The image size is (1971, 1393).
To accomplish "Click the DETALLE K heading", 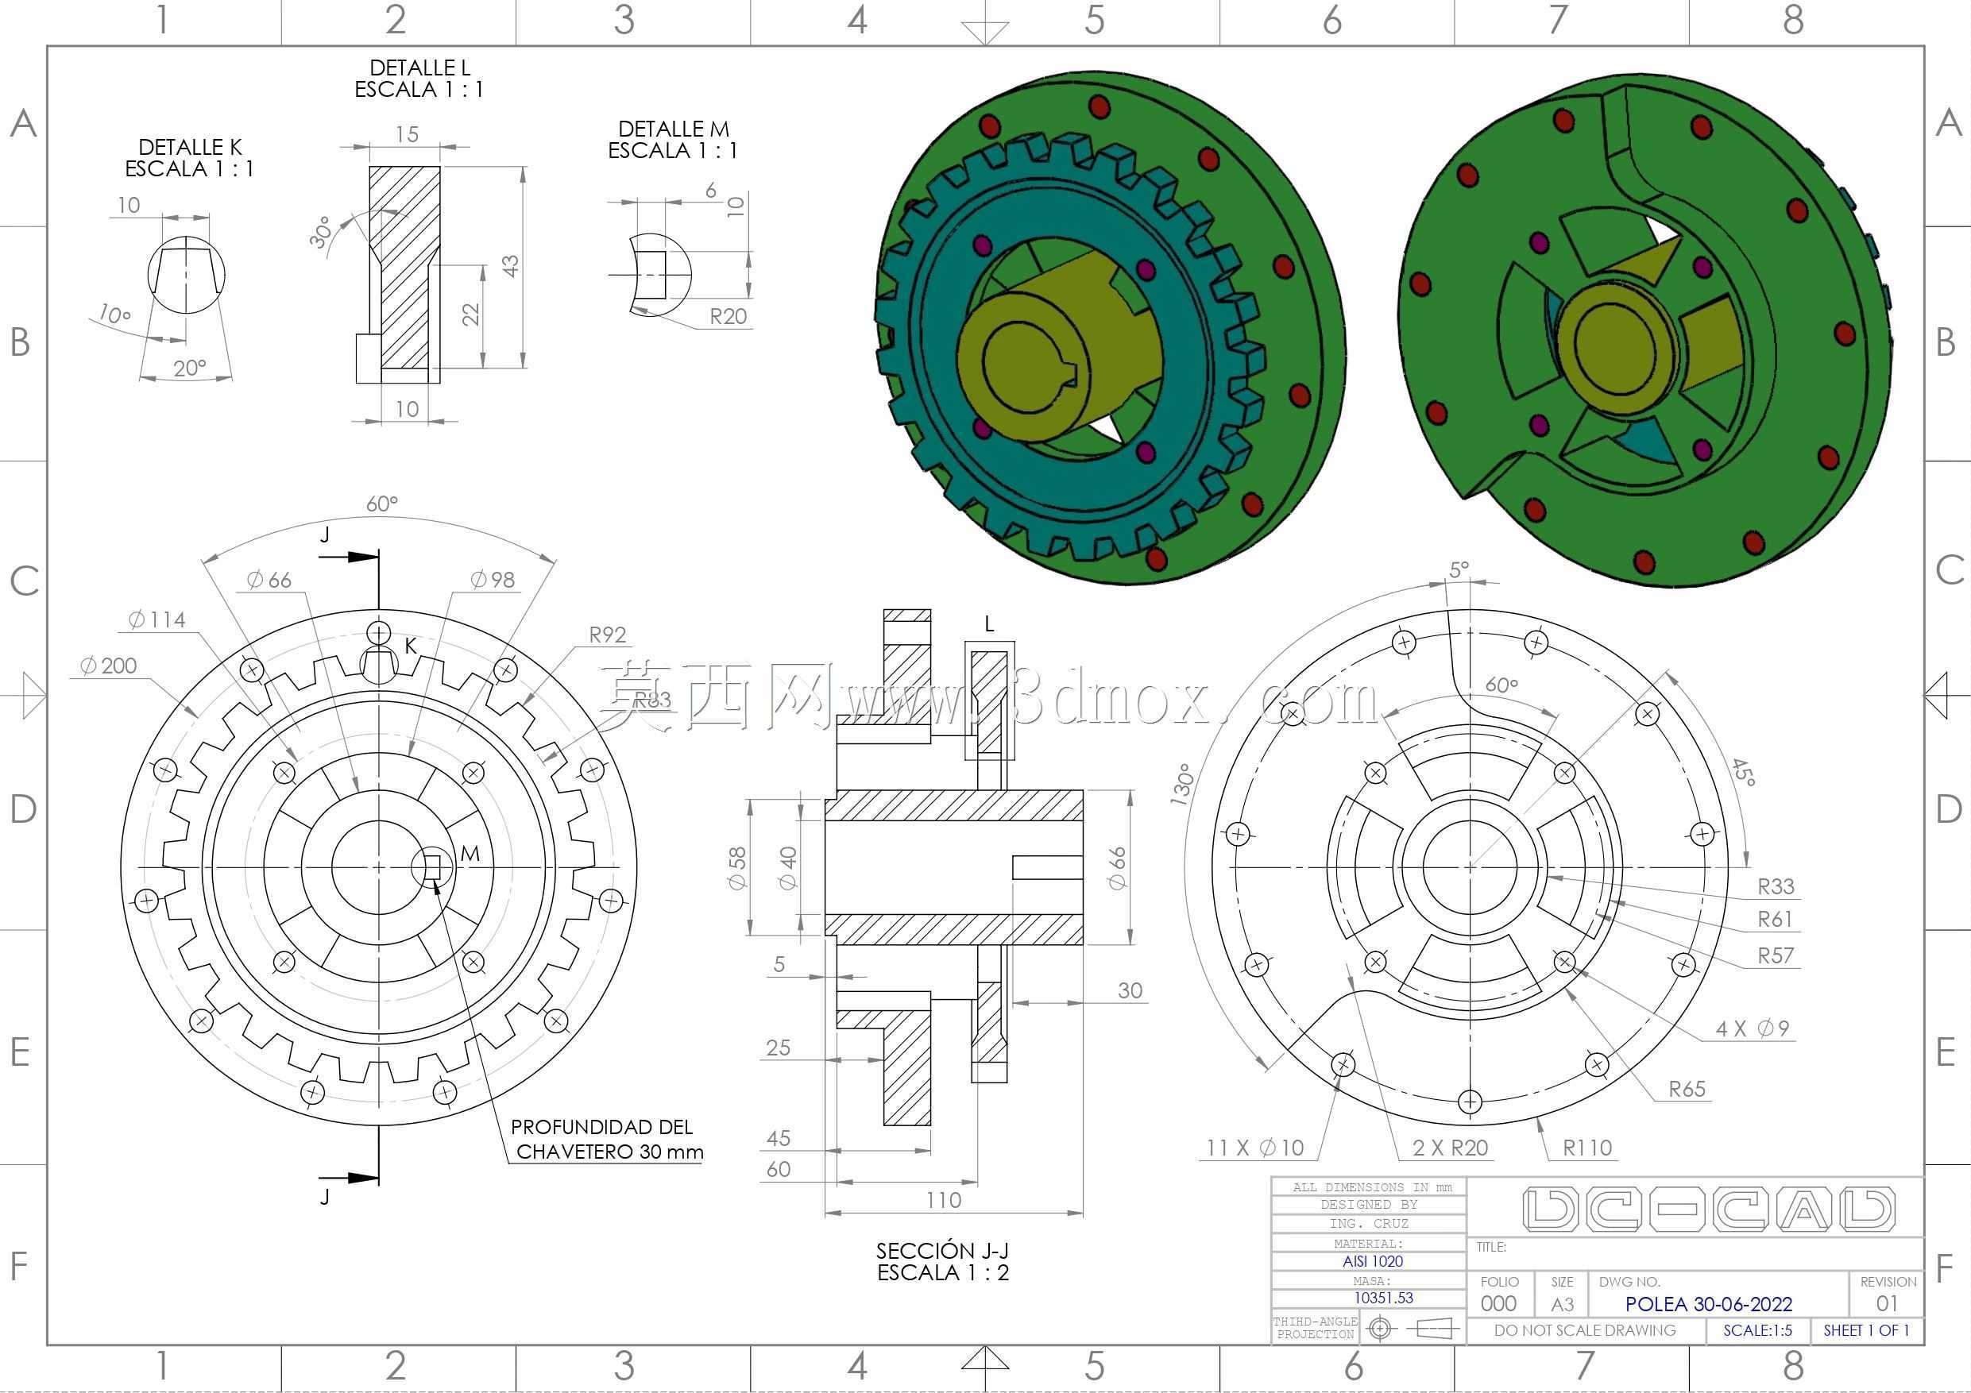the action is (190, 148).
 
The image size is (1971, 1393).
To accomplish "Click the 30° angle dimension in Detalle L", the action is (320, 233).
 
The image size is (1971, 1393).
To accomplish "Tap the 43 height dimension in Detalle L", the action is (510, 266).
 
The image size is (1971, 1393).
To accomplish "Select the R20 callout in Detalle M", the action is (728, 317).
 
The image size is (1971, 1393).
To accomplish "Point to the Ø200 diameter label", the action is (108, 666).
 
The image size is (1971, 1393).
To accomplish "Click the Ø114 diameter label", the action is (157, 619).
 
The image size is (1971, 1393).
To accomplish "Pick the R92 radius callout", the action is (608, 635).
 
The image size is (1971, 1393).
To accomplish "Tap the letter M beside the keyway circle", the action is (470, 853).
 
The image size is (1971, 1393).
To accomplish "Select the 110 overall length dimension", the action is (944, 1200).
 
